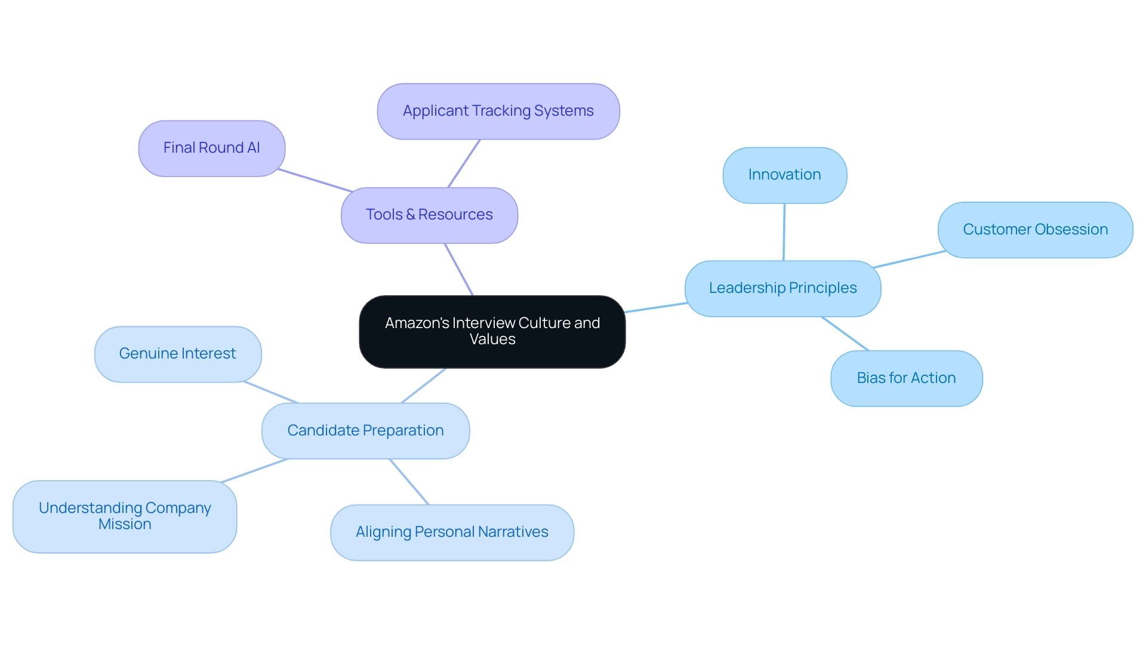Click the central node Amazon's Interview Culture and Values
pos(492,332)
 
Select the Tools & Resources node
pos(429,215)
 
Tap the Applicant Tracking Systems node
pos(498,112)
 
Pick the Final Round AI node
pos(211,149)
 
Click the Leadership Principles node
pos(783,289)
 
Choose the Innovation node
pos(784,175)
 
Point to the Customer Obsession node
pos(1035,230)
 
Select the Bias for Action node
pos(906,379)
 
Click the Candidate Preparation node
pos(365,431)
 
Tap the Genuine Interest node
pos(177,354)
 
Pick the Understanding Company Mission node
pos(125,517)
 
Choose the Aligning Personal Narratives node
pos(452,533)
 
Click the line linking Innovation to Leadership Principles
pos(784,232)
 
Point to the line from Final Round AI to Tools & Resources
pos(315,181)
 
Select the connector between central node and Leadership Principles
pos(655,308)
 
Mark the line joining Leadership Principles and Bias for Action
pos(845,333)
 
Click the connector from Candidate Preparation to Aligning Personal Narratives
pos(409,482)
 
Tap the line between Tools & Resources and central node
pos(458,269)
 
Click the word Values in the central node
pos(492,339)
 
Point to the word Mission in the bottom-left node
pos(125,524)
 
